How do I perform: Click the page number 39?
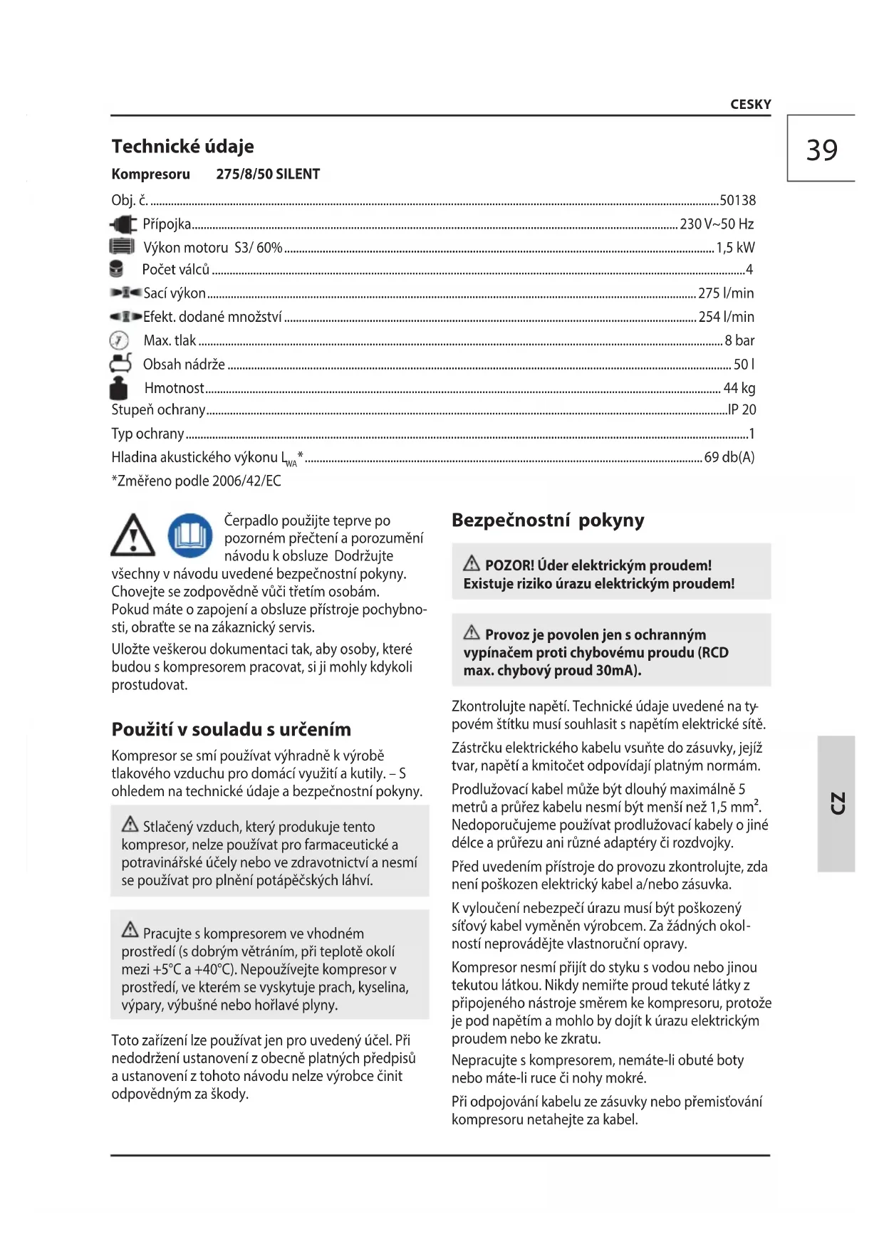[x=821, y=150]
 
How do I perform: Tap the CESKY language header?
[x=750, y=105]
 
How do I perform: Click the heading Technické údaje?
[x=182, y=146]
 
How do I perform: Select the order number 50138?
[x=737, y=201]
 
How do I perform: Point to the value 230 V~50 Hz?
[x=717, y=224]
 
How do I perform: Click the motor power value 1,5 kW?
[x=735, y=248]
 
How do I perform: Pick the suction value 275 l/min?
[x=726, y=293]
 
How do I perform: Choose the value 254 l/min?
[x=726, y=317]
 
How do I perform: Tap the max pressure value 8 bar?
[x=739, y=340]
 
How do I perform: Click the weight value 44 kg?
[x=739, y=388]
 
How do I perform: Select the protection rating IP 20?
[x=742, y=409]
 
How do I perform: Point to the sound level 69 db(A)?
[x=729, y=457]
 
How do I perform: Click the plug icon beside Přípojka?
[x=123, y=225]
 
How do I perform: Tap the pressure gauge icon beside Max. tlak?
[x=119, y=340]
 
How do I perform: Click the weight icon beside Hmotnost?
[x=119, y=388]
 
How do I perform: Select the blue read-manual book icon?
[x=190, y=535]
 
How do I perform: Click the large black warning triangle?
[x=133, y=536]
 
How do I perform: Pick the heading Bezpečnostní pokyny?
[x=548, y=521]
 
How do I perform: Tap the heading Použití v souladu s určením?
[x=231, y=729]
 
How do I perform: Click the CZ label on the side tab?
[x=837, y=803]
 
